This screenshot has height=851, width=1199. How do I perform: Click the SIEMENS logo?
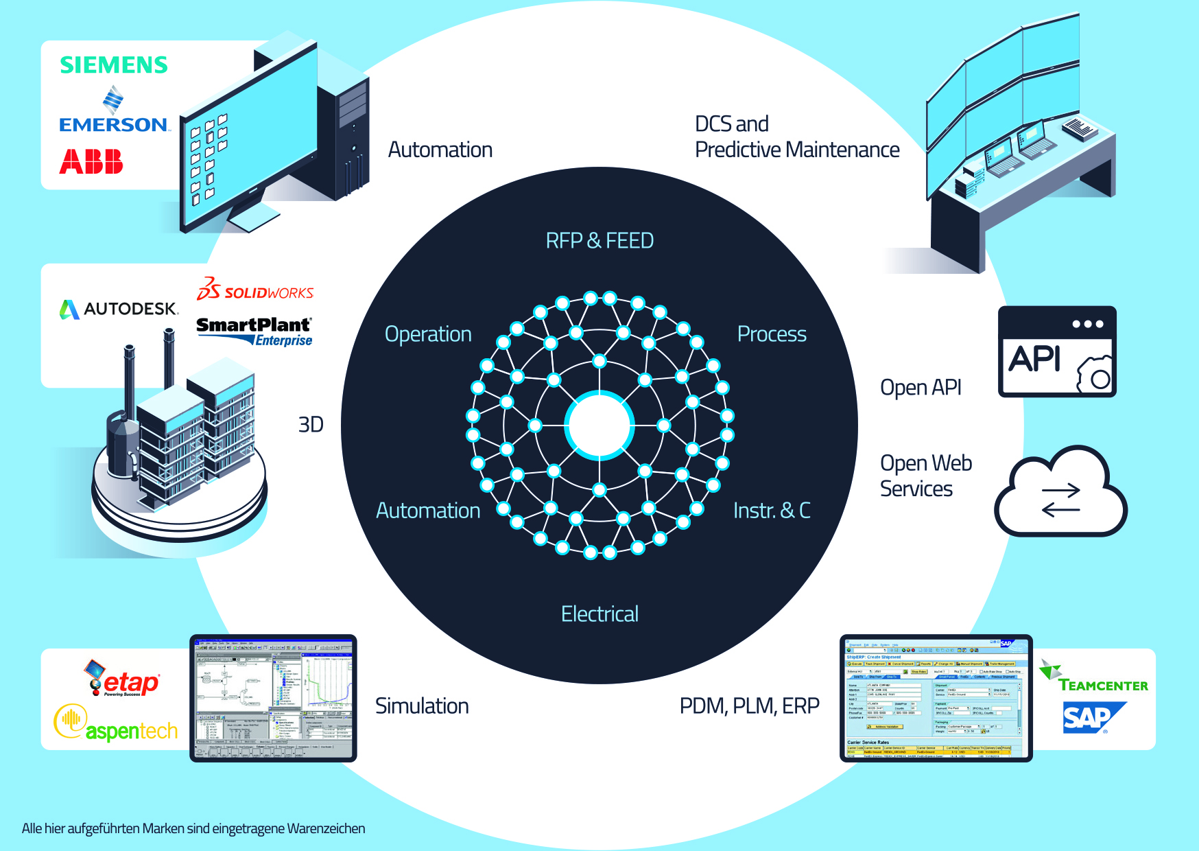(x=114, y=65)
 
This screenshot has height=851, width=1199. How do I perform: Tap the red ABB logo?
(x=91, y=162)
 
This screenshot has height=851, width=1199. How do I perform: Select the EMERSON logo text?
(x=114, y=124)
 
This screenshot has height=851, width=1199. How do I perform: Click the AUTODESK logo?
(x=119, y=309)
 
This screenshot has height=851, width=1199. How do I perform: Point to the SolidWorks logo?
(x=255, y=290)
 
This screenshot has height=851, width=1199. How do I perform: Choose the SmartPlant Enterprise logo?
(x=254, y=331)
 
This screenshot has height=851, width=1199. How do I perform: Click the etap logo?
(x=123, y=680)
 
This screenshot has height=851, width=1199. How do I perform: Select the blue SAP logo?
(x=1091, y=718)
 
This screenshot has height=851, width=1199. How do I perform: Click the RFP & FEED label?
(x=599, y=241)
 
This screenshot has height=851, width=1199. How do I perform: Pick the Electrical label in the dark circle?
(x=599, y=614)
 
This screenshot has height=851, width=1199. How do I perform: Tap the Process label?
(x=772, y=334)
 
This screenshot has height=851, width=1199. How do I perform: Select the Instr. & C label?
(x=772, y=511)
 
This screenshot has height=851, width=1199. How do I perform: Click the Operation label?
(x=428, y=334)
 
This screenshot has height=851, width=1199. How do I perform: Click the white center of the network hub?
(x=599, y=425)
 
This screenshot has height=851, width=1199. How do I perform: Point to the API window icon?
(x=1057, y=351)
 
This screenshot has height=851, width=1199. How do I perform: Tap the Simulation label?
(x=422, y=706)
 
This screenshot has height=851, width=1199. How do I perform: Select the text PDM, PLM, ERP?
(x=749, y=706)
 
